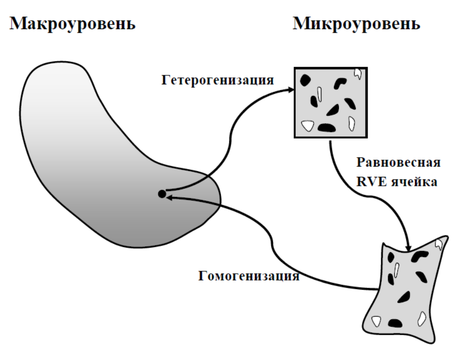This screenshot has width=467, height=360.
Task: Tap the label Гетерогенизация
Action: tap(218, 80)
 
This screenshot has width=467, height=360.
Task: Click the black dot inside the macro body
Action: tap(162, 193)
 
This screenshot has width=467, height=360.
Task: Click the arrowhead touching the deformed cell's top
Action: tap(409, 247)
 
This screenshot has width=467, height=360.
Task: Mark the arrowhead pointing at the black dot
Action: tap(170, 198)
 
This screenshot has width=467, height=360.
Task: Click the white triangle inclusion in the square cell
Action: tap(305, 125)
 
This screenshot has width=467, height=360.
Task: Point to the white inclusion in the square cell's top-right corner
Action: tap(358, 73)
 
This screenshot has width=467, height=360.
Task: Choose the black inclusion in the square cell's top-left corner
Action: tap(305, 79)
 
